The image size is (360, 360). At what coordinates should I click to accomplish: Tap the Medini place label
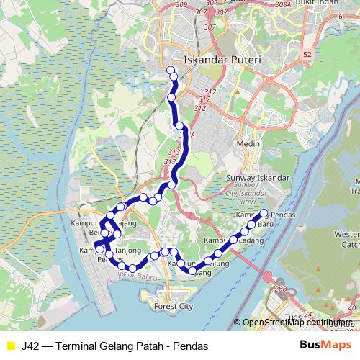click(x=249, y=144)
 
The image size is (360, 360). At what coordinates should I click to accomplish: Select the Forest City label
click(x=174, y=306)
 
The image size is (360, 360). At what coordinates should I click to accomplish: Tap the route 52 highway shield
click(x=308, y=54)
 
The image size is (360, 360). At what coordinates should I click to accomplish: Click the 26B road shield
click(x=281, y=289)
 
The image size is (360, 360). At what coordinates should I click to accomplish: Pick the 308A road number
click(x=282, y=5)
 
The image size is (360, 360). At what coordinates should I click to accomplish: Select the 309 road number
click(x=181, y=5)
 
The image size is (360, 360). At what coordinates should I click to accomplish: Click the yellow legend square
click(x=10, y=346)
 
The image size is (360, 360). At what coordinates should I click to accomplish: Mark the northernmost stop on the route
click(x=171, y=70)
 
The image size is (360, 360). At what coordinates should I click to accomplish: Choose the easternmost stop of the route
click(x=264, y=213)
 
